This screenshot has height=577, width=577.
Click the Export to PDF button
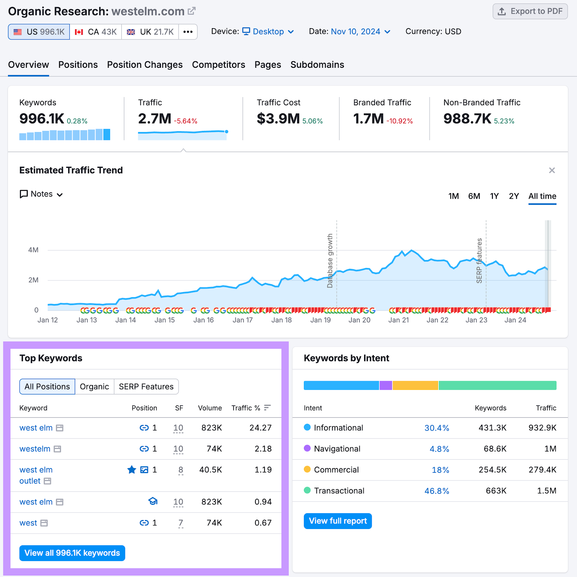[530, 11]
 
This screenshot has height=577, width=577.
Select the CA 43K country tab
[96, 32]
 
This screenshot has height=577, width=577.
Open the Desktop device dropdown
[268, 32]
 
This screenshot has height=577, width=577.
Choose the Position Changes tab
[145, 65]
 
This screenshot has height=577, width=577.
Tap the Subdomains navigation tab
[317, 65]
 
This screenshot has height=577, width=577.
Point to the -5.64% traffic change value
[185, 121]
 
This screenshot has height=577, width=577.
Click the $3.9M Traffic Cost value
[278, 119]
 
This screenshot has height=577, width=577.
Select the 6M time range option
[474, 196]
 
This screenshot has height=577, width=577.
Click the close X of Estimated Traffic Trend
[552, 170]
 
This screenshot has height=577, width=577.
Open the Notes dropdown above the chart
[41, 194]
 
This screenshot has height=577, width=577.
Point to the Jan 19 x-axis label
[320, 320]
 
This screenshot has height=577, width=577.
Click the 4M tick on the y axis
[33, 250]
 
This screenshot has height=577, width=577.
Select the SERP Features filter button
[146, 387]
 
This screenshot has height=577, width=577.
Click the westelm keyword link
[35, 449]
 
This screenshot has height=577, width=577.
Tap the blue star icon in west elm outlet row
[132, 470]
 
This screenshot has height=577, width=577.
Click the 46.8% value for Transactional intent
[437, 491]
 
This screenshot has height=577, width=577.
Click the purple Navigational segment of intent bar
[386, 386]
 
